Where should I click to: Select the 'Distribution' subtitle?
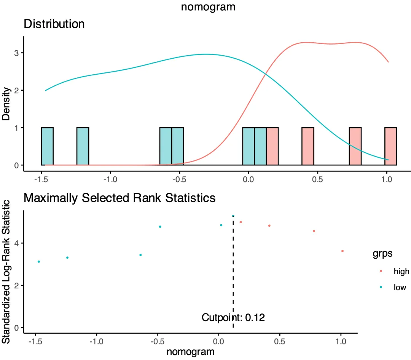tap(54, 24)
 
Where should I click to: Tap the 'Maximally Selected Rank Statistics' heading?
tap(119, 198)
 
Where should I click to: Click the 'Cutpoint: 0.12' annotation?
tap(233, 317)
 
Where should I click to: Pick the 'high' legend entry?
tap(401, 272)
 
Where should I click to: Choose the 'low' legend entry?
tap(400, 288)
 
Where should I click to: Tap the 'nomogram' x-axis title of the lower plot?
tap(191, 351)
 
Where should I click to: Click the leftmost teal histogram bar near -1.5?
tap(47, 146)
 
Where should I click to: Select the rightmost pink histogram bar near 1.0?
tap(391, 146)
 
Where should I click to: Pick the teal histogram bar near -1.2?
tap(83, 146)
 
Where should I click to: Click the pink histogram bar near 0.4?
tap(308, 146)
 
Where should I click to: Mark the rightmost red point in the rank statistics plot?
tap(342, 251)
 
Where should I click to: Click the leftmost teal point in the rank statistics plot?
tap(39, 262)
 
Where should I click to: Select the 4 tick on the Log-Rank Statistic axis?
tap(16, 243)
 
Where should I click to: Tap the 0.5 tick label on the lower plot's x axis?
tap(280, 341)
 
